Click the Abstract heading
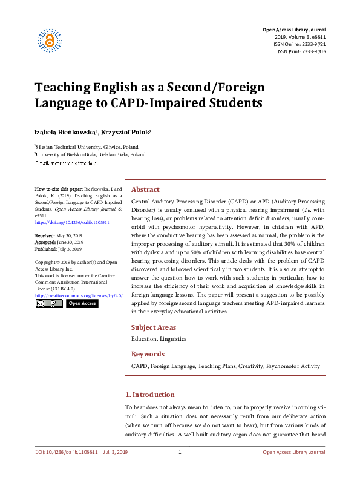tap(145, 189)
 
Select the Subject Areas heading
tap(154, 327)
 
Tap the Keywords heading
tap(148, 354)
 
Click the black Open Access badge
tap(81, 303)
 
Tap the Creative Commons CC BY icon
tap(48, 303)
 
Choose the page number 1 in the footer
tap(180, 469)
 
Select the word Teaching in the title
tap(65, 87)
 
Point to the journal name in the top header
tap(294, 30)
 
